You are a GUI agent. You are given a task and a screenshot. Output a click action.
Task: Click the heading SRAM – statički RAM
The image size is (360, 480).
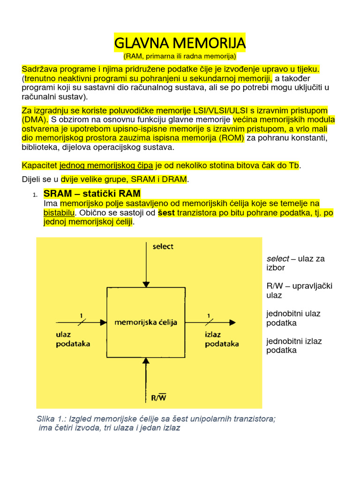pyautogui.click(x=92, y=194)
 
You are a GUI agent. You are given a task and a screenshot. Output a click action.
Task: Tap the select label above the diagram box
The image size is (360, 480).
pyautogui.click(x=163, y=247)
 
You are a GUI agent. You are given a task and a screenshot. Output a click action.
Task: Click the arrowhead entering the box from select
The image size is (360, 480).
pyautogui.click(x=146, y=283)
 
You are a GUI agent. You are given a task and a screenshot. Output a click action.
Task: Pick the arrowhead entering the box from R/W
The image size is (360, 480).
pyautogui.click(x=146, y=361)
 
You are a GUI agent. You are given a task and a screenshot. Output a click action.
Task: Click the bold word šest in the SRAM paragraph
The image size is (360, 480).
pyautogui.click(x=166, y=213)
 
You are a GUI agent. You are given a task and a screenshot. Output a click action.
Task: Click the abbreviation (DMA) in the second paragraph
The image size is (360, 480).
pyautogui.click(x=35, y=119)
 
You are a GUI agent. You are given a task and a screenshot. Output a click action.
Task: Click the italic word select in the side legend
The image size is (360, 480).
pyautogui.click(x=278, y=258)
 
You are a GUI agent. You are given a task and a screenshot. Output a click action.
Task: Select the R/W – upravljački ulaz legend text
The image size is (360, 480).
pyautogui.click(x=299, y=290)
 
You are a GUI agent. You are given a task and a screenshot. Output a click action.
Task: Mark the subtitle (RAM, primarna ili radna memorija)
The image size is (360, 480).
pyautogui.click(x=180, y=56)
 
